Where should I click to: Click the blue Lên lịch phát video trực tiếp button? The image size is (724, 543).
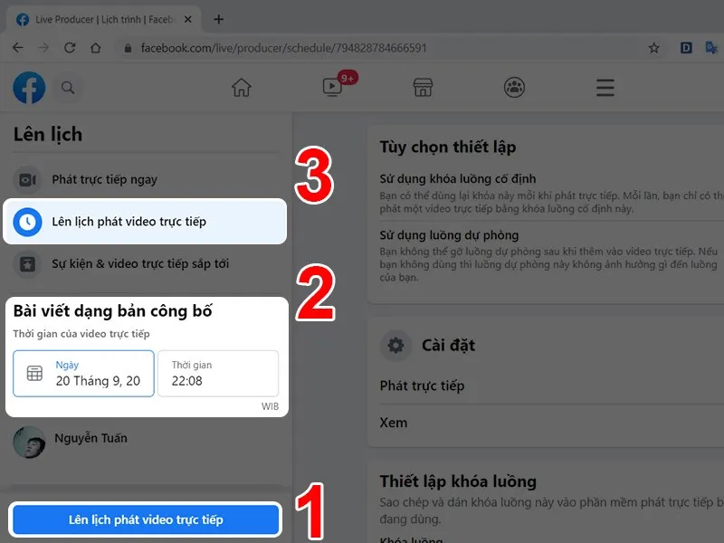coord(146,519)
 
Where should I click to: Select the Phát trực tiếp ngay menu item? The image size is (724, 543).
coord(104,179)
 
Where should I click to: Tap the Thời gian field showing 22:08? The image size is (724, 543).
coord(217,373)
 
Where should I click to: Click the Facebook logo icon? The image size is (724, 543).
coord(29,88)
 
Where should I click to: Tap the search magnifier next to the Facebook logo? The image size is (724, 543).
coord(67,88)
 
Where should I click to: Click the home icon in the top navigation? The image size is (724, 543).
coord(241,88)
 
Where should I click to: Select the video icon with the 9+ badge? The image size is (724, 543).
coord(332,88)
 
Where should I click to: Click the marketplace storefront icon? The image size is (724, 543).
coord(423,88)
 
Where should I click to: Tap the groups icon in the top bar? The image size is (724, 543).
coord(514,88)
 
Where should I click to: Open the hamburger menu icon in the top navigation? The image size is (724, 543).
coord(605,88)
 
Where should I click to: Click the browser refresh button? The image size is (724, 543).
coord(70,48)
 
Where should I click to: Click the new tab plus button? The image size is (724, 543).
coord(218,19)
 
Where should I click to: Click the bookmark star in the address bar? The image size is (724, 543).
coord(653,48)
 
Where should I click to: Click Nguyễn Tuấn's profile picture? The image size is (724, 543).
coord(29,441)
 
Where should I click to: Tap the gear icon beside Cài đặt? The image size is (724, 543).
coord(395,345)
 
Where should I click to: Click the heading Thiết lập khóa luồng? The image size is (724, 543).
coord(458,481)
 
